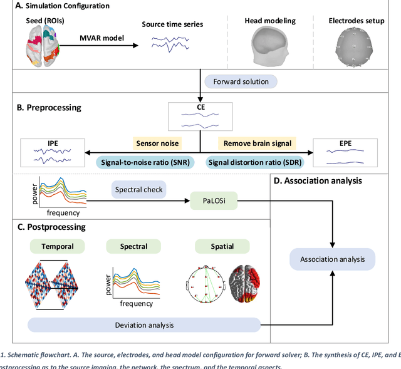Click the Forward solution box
pyautogui.click(x=241, y=81)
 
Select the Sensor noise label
pyautogui.click(x=156, y=144)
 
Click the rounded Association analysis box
pyautogui.click(x=331, y=259)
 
